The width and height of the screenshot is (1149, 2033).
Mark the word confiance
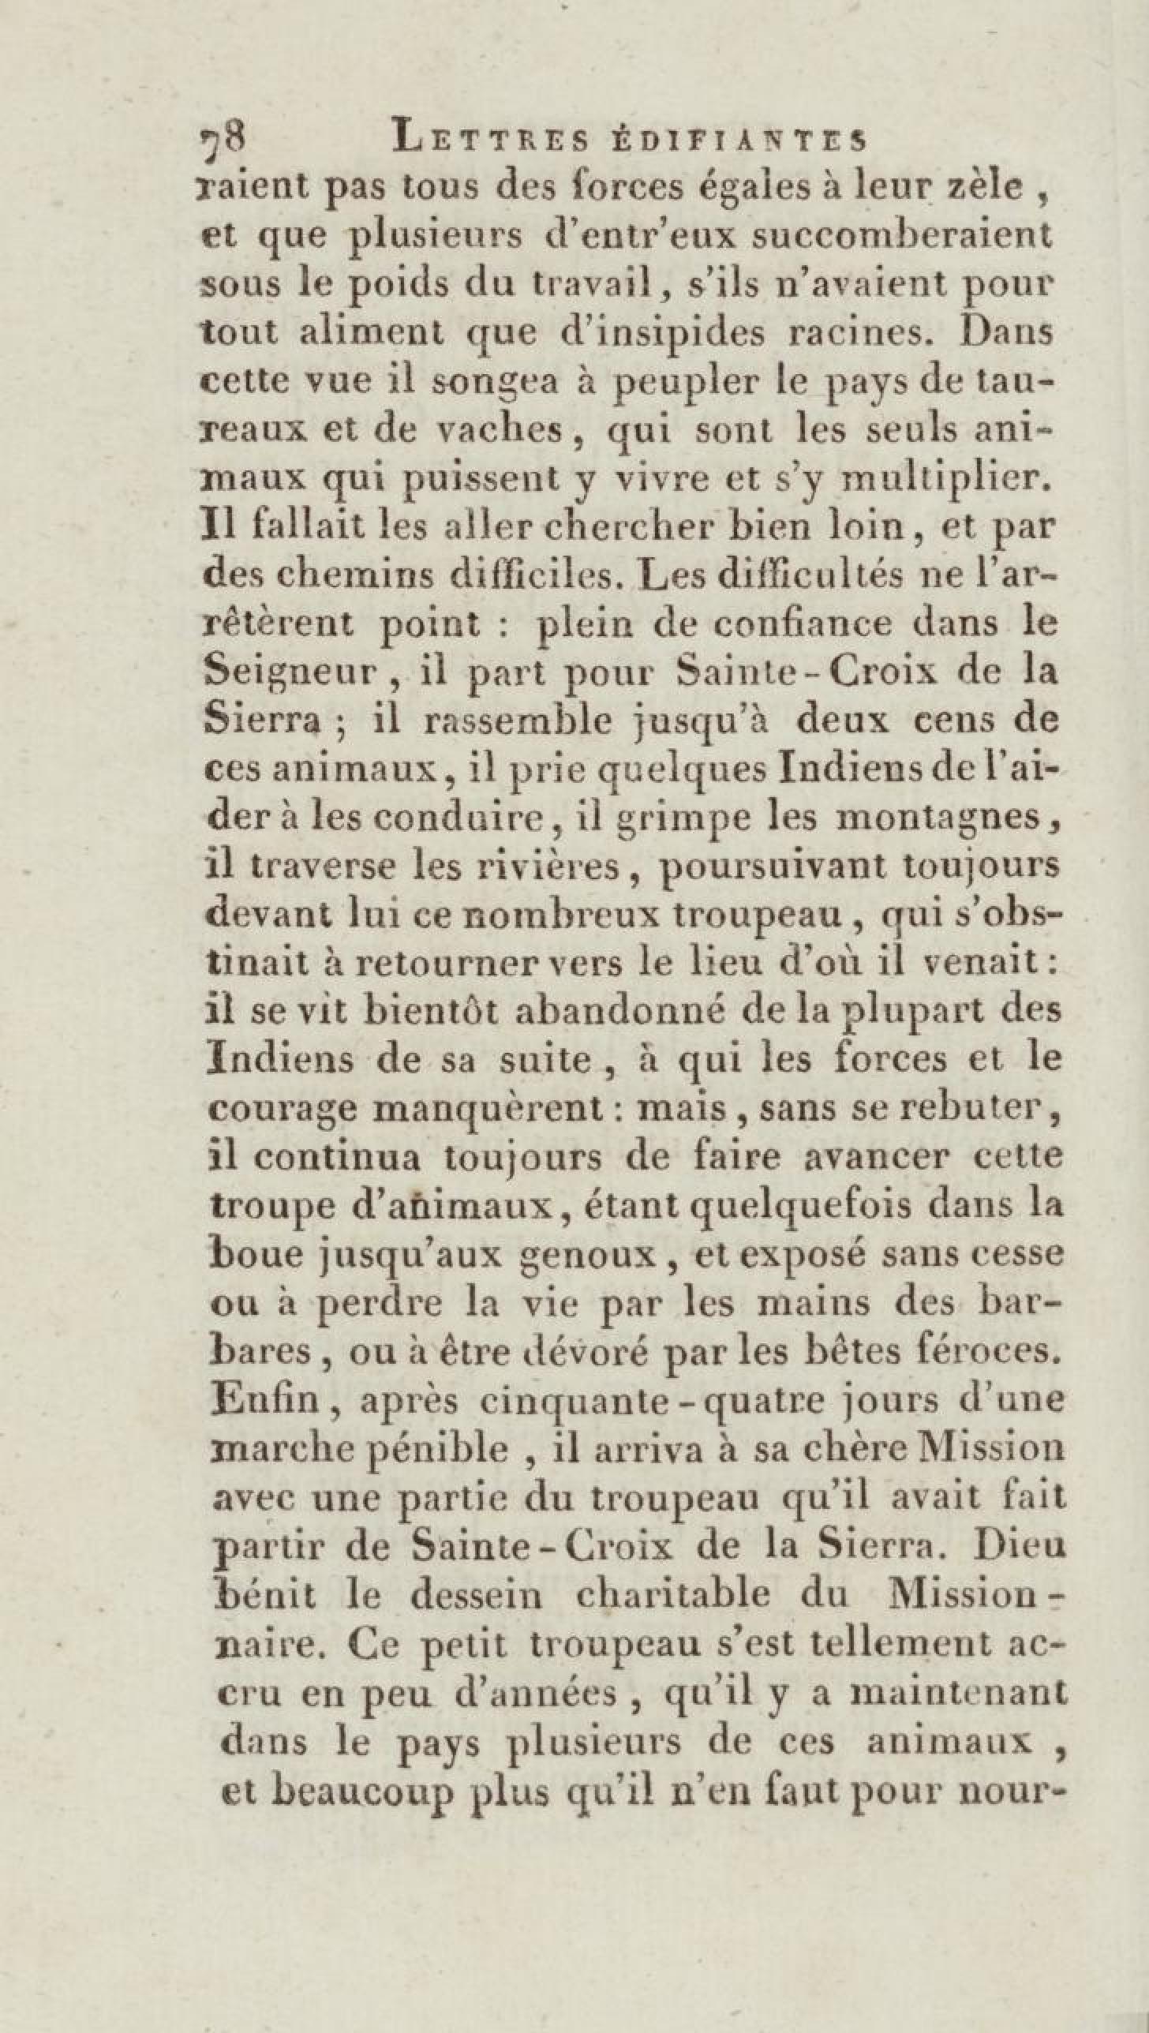point(805,624)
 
